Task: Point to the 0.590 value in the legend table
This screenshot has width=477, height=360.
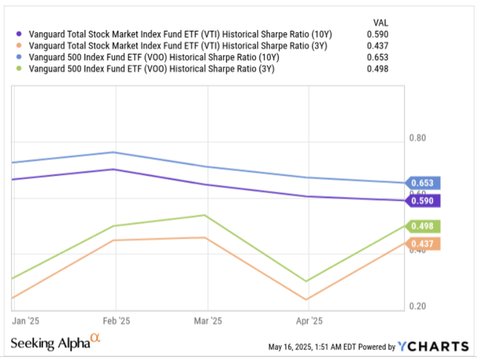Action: [379, 34]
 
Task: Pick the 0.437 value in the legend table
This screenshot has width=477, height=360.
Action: [379, 46]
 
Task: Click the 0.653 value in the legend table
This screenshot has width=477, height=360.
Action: [379, 58]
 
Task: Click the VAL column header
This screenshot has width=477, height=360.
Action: [380, 21]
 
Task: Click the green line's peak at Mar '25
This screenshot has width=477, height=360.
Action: [205, 215]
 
